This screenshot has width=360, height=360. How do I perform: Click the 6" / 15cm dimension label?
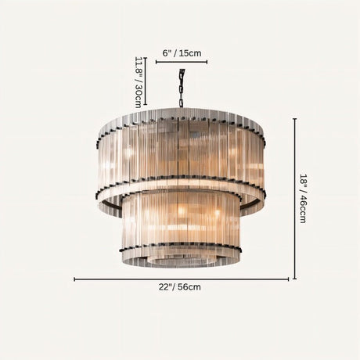(x=182, y=53)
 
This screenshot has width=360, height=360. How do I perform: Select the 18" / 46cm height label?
(x=304, y=199)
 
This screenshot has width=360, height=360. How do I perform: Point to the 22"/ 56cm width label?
(x=182, y=287)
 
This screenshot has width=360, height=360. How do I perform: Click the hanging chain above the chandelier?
(x=182, y=86)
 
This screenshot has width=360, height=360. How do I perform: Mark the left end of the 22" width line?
(x=75, y=279)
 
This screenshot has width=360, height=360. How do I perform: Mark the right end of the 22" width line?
(x=287, y=279)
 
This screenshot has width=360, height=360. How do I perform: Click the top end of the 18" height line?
(x=295, y=119)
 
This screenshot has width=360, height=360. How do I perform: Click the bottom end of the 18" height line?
(x=295, y=278)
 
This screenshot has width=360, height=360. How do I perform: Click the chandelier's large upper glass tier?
(x=182, y=153)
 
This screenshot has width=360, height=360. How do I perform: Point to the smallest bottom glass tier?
(x=182, y=257)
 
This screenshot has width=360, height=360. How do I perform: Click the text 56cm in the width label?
(x=190, y=287)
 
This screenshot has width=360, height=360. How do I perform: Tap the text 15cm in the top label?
(x=191, y=53)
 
